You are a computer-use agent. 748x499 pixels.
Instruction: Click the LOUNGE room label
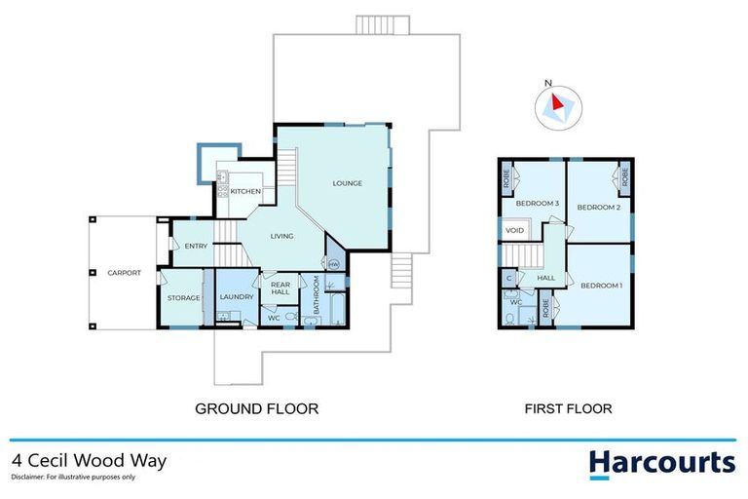[x=347, y=183]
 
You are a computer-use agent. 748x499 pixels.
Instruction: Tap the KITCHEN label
[x=244, y=192]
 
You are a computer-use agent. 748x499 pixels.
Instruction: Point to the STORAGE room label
[x=183, y=297]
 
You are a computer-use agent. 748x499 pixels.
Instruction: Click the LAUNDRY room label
[x=237, y=297]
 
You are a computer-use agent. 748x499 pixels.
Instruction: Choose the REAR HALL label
[x=280, y=288]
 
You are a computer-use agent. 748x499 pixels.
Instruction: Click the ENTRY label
[x=196, y=247]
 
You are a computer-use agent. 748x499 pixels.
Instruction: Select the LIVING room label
[x=282, y=236]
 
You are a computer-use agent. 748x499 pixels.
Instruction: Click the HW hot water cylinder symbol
[x=333, y=264]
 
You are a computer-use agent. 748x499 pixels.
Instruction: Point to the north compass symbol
[x=558, y=104]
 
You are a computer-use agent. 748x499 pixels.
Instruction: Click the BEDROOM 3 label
[x=537, y=203]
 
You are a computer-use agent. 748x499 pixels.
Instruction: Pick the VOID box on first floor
[x=515, y=230]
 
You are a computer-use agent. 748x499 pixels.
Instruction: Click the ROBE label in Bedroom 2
[x=623, y=178]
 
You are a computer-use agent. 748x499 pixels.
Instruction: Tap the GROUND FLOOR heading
[x=256, y=408]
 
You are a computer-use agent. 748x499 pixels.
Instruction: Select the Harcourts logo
[x=661, y=462]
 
